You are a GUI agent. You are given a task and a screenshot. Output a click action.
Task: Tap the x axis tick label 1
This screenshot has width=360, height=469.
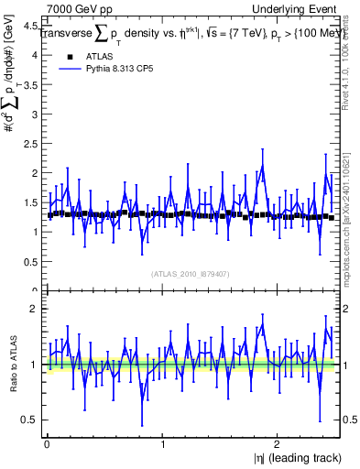point(163,443)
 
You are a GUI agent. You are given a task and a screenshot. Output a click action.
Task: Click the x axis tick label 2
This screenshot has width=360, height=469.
point(280,443)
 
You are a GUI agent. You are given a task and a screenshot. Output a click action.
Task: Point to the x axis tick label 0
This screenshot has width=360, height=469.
point(46,443)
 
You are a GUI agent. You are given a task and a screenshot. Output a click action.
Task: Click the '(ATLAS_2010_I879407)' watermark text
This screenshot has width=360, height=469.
point(191,273)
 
